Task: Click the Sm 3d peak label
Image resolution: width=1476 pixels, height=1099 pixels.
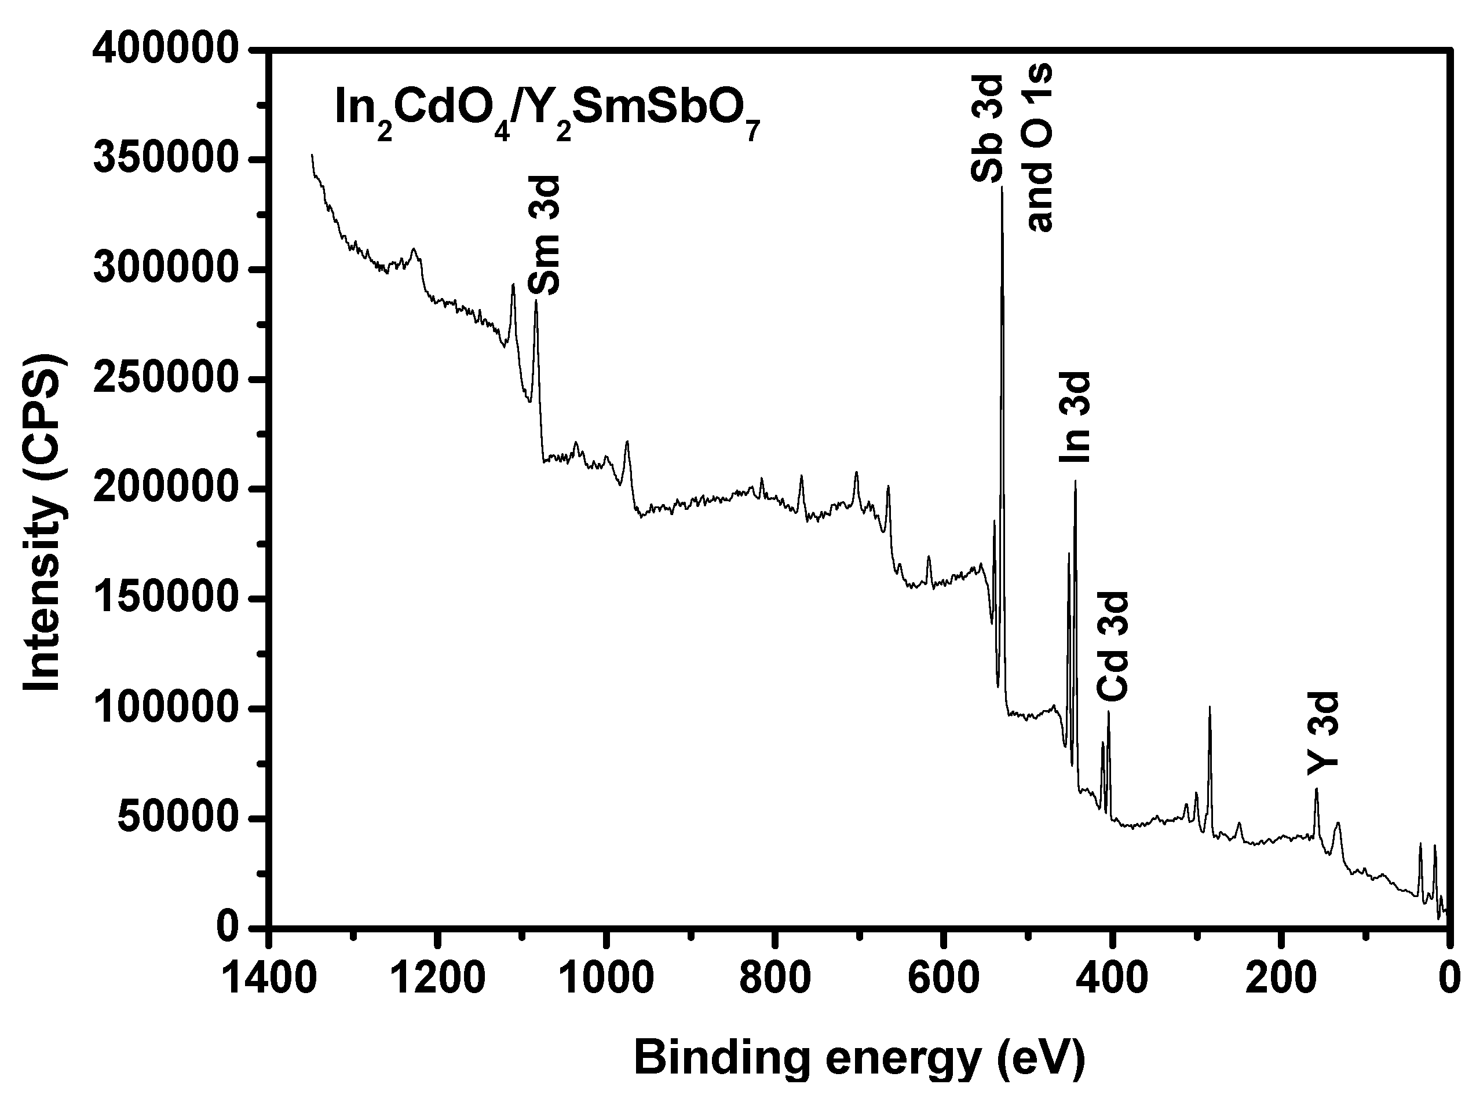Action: pyautogui.click(x=544, y=235)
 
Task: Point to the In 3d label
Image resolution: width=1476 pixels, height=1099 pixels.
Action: pyautogui.click(x=1075, y=417)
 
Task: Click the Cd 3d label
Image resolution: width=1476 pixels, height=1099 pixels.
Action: pyautogui.click(x=1112, y=646)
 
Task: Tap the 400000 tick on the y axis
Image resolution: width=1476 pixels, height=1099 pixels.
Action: pyautogui.click(x=165, y=50)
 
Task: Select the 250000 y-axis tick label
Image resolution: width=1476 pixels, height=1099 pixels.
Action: pyautogui.click(x=165, y=379)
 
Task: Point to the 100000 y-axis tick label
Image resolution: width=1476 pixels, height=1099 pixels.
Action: pyautogui.click(x=165, y=708)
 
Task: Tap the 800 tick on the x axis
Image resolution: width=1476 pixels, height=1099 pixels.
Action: pyautogui.click(x=774, y=979)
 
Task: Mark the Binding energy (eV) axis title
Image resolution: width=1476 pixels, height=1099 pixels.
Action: pyautogui.click(x=859, y=1058)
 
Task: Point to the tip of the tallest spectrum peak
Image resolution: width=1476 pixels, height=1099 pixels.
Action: pyautogui.click(x=1002, y=188)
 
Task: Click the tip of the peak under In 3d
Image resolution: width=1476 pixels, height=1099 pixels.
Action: pyautogui.click(x=1075, y=481)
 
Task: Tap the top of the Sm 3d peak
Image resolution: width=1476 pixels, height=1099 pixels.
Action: pyautogui.click(x=536, y=302)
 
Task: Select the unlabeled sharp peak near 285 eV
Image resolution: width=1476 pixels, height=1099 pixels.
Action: pyautogui.click(x=1210, y=707)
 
